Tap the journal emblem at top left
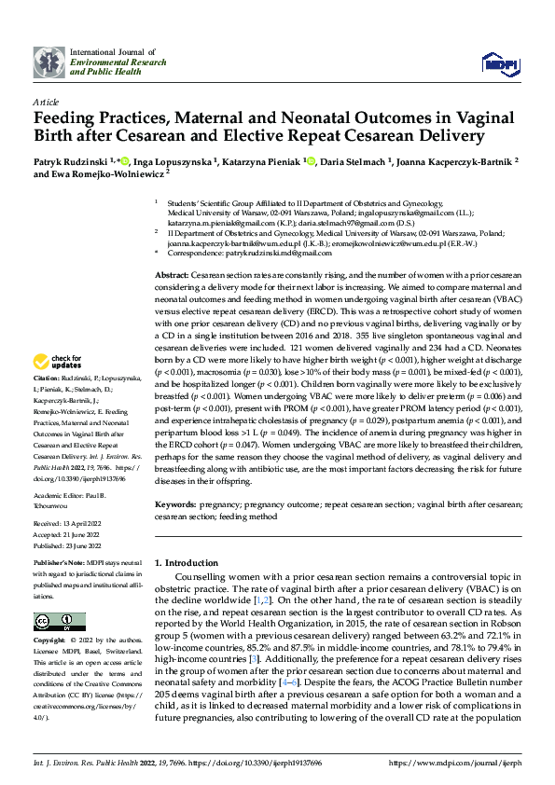coord(49,62)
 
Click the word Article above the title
coord(46,101)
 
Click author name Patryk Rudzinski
coord(72,162)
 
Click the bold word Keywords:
coord(175,504)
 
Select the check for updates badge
coord(58,361)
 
